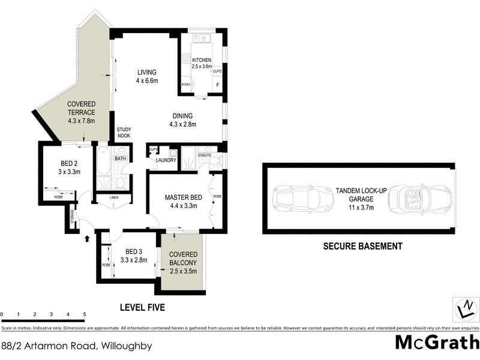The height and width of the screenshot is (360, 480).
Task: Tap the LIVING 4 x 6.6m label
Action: click(146, 77)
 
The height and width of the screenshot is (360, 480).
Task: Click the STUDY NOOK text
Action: click(124, 132)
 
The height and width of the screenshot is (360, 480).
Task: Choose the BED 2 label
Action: click(68, 167)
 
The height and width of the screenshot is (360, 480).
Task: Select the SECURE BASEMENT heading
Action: click(362, 246)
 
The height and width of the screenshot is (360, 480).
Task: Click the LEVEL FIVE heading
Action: click(142, 307)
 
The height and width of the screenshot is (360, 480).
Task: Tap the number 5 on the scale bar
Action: click(85, 314)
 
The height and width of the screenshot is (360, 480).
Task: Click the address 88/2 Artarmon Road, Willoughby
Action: click(76, 346)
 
